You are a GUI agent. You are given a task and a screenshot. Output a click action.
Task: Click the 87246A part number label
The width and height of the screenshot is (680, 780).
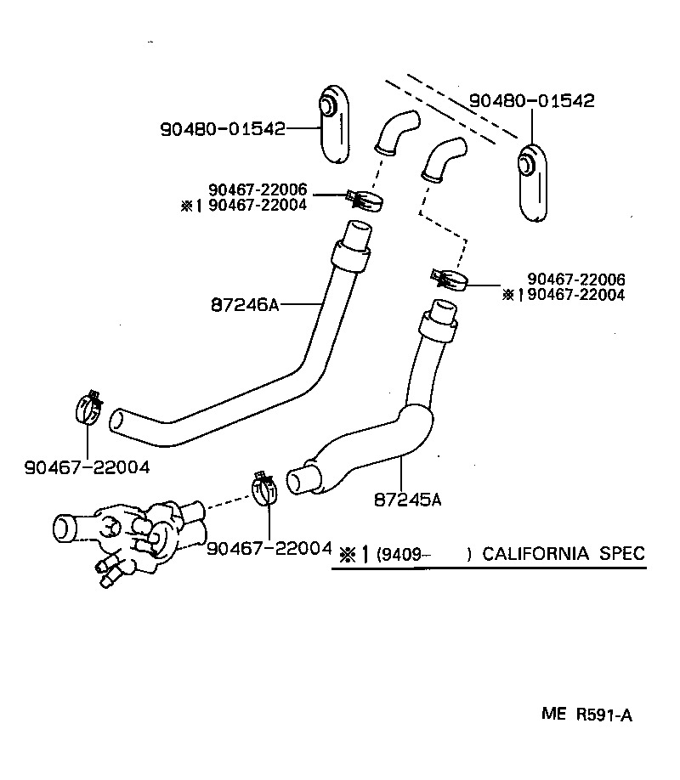click(x=245, y=304)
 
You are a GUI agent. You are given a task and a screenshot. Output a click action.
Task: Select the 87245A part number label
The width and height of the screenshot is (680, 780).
click(x=407, y=499)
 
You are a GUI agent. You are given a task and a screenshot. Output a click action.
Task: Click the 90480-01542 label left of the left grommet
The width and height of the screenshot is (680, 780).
click(x=222, y=129)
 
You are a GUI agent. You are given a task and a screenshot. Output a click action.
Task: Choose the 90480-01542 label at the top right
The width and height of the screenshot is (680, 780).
click(x=532, y=100)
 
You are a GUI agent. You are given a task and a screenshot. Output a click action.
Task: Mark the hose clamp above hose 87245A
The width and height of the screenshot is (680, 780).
click(x=450, y=279)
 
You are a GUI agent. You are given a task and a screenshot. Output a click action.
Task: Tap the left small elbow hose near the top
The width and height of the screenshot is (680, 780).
click(x=396, y=133)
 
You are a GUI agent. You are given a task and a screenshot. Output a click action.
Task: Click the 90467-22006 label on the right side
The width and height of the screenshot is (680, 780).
click(x=575, y=280)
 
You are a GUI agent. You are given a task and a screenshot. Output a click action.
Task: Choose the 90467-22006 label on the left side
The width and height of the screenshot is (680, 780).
click(x=257, y=190)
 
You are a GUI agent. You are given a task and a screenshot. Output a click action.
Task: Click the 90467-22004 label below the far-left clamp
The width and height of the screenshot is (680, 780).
click(x=88, y=466)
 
